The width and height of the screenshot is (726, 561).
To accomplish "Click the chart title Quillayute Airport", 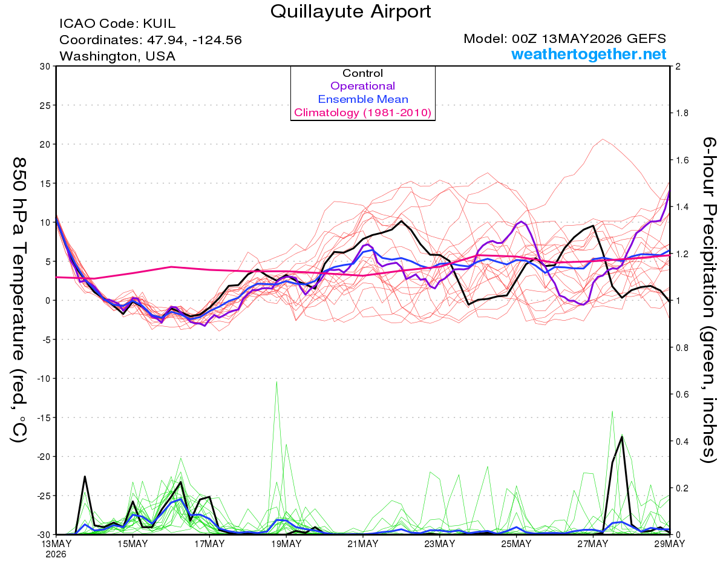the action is (350, 11).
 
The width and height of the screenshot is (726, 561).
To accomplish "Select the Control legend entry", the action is (362, 73).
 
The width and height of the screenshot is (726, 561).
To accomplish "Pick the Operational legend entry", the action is (362, 86).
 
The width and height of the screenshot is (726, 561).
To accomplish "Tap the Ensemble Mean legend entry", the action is (363, 99).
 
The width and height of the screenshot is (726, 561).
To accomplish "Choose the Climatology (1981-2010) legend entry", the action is (363, 113).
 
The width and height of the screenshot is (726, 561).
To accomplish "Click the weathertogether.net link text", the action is (589, 54).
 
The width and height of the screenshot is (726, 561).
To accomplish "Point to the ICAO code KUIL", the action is (159, 24).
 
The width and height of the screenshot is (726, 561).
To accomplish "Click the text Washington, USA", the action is (117, 56).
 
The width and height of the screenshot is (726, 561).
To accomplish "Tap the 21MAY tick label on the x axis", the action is (363, 544).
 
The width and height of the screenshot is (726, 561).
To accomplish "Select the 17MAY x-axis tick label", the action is (209, 544).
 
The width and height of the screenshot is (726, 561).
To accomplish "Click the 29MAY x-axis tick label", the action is (670, 544).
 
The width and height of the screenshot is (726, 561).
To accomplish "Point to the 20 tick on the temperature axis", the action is (45, 145).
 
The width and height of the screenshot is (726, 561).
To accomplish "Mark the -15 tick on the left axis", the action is (43, 418).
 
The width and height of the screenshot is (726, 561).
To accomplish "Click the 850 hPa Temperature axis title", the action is (19, 300).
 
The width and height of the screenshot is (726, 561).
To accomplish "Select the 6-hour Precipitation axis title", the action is (708, 300).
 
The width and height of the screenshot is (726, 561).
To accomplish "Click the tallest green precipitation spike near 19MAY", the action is (276, 382).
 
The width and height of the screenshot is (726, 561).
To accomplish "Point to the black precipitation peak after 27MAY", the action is (622, 436).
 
